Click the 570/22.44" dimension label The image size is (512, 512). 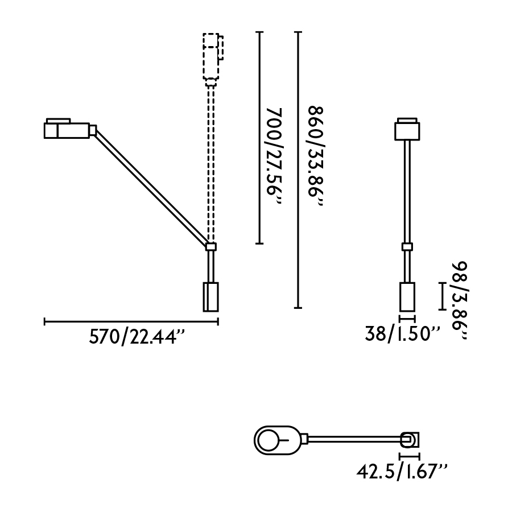tap(138, 337)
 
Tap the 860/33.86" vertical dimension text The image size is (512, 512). tap(315, 158)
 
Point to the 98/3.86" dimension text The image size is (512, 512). tap(460, 302)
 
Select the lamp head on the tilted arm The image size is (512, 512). tap(67, 130)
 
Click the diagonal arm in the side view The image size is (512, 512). tap(151, 188)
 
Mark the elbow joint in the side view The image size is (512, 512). tap(211, 246)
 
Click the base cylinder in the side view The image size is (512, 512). tap(210, 296)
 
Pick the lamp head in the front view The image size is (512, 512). tap(407, 129)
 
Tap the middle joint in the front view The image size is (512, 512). tap(407, 246)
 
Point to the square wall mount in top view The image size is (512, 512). tap(410, 440)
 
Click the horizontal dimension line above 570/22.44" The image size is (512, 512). tap(131, 322)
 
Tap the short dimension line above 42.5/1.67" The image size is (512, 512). tap(410, 456)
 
